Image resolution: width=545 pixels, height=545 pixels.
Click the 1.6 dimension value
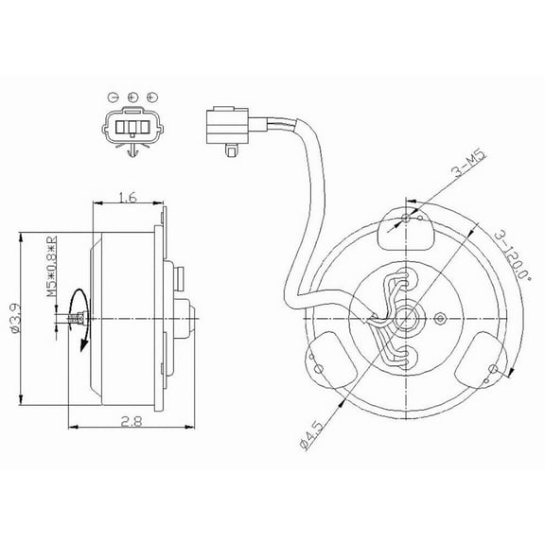[130, 197]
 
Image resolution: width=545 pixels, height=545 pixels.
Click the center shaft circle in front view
[406, 319]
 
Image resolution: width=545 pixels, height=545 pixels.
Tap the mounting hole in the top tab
[406, 218]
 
